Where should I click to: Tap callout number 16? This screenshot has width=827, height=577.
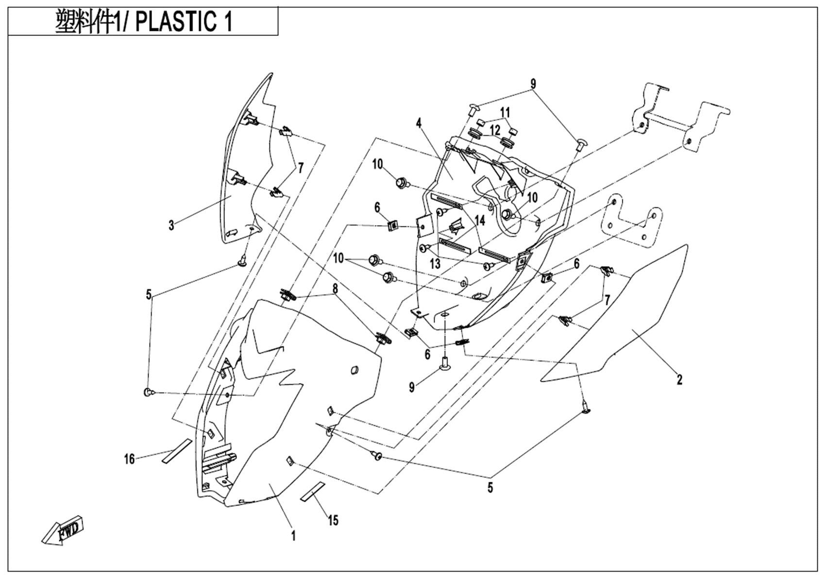click(129, 458)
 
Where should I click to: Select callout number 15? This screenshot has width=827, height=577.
click(333, 520)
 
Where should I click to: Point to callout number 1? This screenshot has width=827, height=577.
click(293, 536)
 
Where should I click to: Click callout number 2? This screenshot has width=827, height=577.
click(679, 379)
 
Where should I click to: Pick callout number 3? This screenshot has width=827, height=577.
click(171, 225)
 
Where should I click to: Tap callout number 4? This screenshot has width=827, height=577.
click(419, 123)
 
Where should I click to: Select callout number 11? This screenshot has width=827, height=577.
click(506, 111)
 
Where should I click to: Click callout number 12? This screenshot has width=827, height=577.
click(495, 130)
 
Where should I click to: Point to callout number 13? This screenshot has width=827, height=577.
click(435, 264)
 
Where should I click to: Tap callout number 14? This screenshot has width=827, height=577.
click(480, 221)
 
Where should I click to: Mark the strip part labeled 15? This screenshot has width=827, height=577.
click(312, 491)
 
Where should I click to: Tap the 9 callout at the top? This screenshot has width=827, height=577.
click(533, 84)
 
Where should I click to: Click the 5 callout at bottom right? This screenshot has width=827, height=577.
click(490, 487)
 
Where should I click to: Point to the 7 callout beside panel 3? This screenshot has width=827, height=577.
click(301, 168)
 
